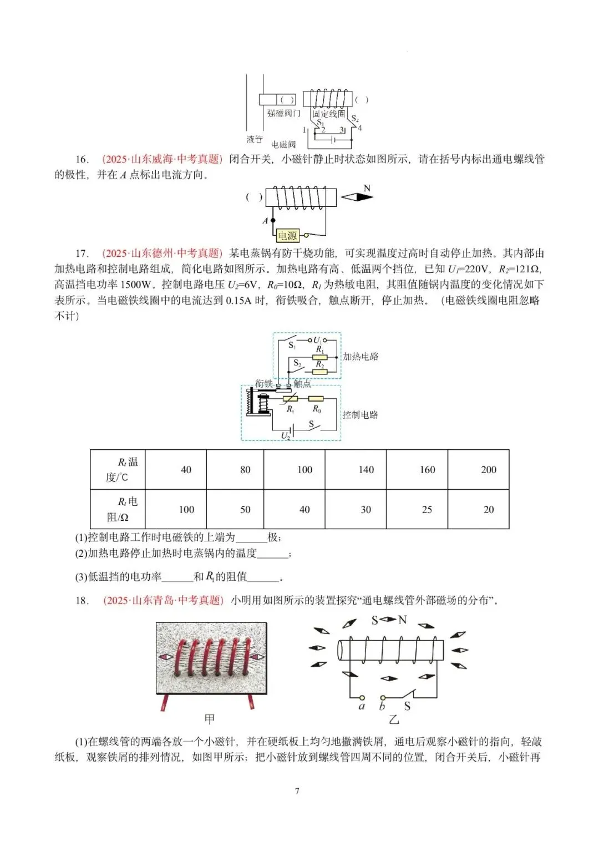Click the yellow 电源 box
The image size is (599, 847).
point(287,236)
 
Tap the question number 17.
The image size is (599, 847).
point(82,253)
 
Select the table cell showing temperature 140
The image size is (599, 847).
point(366,470)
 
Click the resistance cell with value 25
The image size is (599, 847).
point(427,509)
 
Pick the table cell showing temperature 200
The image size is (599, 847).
point(488,470)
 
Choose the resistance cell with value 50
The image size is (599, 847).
point(245,509)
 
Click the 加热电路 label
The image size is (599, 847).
point(361,357)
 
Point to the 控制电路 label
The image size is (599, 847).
point(360,414)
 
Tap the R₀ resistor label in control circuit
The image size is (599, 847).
point(317,409)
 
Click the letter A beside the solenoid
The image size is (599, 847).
point(265,220)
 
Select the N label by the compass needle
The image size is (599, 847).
point(367,189)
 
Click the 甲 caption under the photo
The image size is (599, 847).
point(209,719)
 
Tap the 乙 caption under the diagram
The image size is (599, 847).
point(393,719)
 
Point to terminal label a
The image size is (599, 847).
point(362,706)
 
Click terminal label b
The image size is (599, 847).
point(382,706)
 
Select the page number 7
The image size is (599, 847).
point(297,791)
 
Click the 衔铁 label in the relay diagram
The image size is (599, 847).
point(264,384)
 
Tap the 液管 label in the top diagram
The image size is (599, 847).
point(255,139)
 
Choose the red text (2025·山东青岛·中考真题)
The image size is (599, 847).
point(163,600)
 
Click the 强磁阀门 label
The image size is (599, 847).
point(283,113)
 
